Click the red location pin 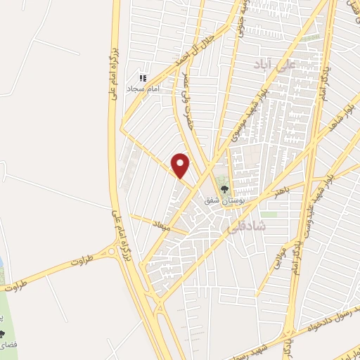pyautogui.click(x=181, y=165)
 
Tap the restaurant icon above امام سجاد pyautogui.click(x=143, y=78)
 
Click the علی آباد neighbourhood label pyautogui.click(x=279, y=64)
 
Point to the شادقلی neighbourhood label pyautogui.click(x=242, y=227)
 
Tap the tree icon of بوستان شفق pyautogui.click(x=224, y=188)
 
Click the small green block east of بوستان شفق pyautogui.click(x=269, y=214)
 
